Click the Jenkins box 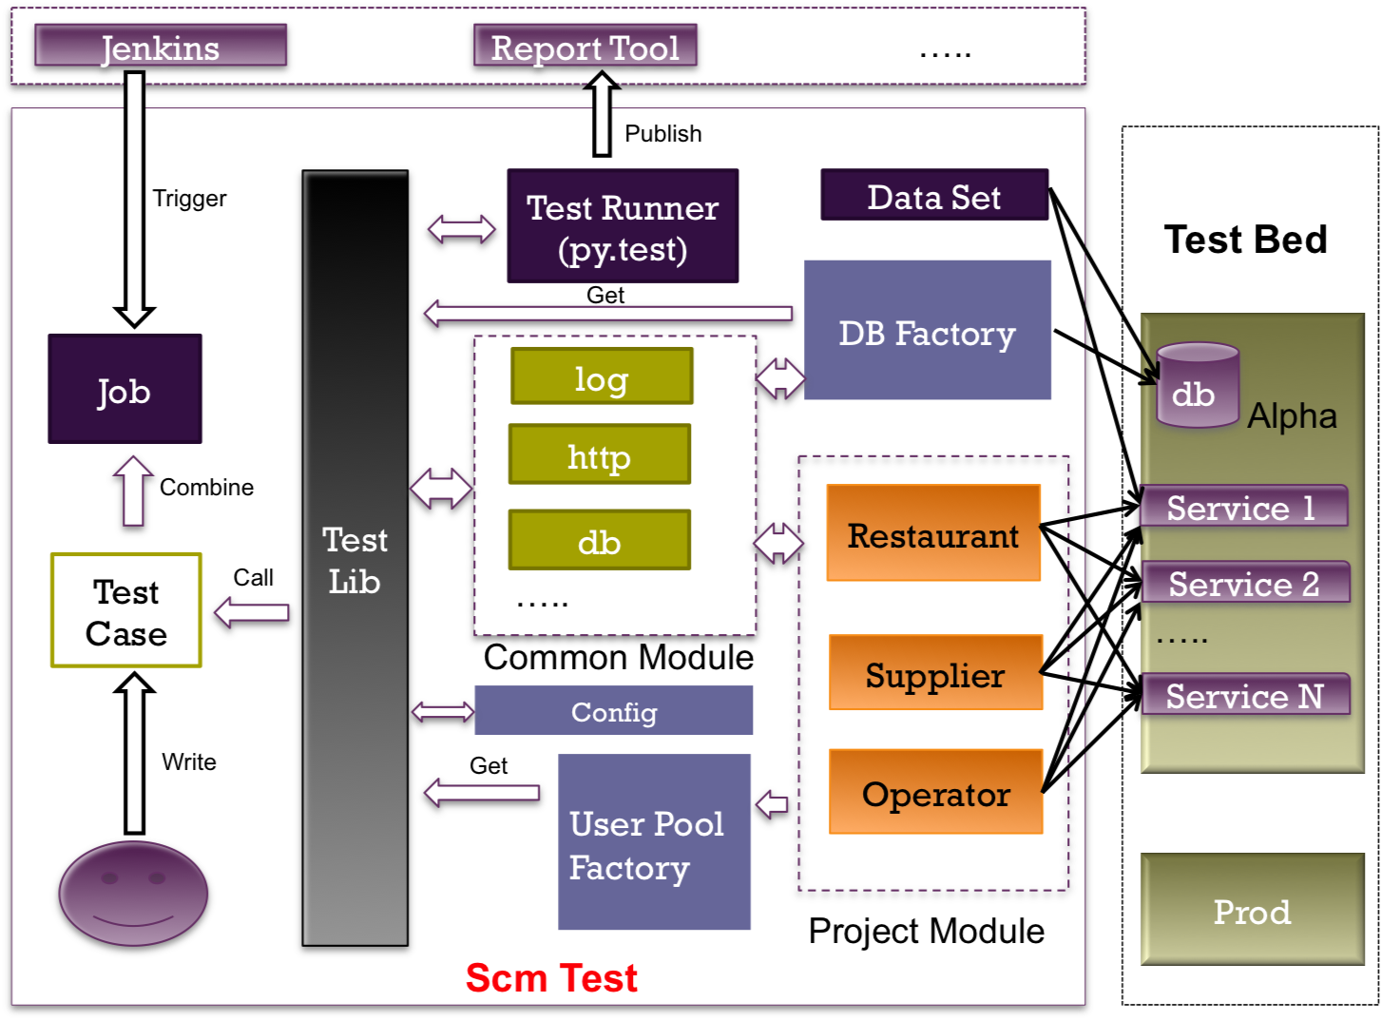click(161, 47)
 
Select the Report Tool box click(585, 47)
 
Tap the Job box click(125, 389)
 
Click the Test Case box click(126, 610)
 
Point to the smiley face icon click(133, 894)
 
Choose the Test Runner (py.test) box click(623, 226)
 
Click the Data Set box click(934, 196)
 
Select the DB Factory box click(928, 331)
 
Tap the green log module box click(602, 376)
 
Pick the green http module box click(600, 454)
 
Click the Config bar click(614, 711)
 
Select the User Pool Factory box click(654, 842)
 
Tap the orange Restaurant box click(933, 533)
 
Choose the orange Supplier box click(935, 673)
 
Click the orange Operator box click(935, 792)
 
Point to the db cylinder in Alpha click(1197, 386)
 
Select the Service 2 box click(1244, 583)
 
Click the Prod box click(1252, 910)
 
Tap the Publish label click(663, 134)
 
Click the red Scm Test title click(551, 977)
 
